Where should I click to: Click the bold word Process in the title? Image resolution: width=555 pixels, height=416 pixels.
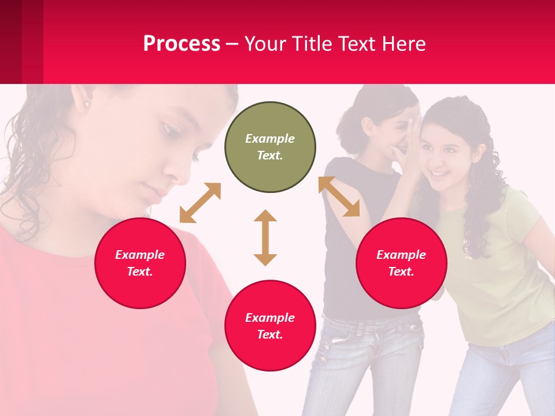(182, 44)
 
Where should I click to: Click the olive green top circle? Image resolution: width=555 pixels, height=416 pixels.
(270, 147)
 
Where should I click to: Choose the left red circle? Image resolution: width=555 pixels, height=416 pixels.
(140, 263)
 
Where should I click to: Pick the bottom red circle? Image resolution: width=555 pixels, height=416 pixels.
(270, 325)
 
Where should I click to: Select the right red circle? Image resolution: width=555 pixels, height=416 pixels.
(401, 263)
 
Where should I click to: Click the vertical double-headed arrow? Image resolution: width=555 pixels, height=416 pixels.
(265, 237)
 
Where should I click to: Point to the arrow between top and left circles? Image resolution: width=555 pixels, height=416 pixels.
(200, 203)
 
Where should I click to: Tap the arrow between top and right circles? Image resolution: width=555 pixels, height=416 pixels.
(339, 196)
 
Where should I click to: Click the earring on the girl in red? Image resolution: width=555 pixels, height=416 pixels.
(87, 105)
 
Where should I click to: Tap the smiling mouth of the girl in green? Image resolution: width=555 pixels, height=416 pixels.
(439, 174)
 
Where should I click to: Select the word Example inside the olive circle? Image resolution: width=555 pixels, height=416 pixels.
(270, 139)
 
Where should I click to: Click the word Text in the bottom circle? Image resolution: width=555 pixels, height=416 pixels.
(270, 335)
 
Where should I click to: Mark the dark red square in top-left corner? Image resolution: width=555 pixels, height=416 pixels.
(21, 42)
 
